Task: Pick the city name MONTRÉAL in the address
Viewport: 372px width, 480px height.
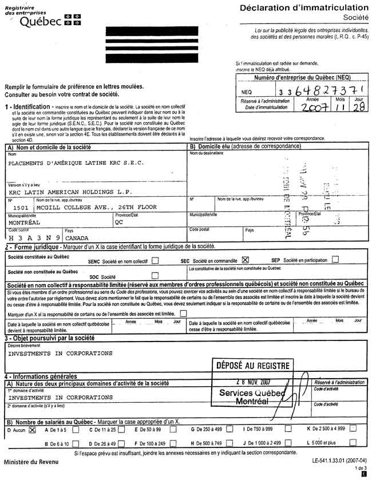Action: [25, 223]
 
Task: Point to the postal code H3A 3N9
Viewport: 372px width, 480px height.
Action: [31, 236]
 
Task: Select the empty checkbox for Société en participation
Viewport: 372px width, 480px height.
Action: [335, 259]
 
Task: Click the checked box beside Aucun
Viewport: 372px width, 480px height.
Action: [32, 429]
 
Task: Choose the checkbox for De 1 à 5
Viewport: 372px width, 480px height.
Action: [71, 429]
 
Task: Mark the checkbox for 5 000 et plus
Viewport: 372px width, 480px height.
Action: [353, 443]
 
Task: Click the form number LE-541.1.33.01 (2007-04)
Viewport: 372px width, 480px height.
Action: [339, 459]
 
